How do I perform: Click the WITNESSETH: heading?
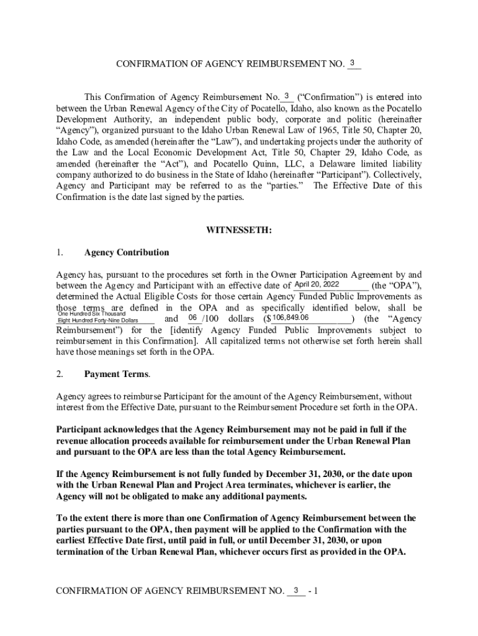(x=238, y=230)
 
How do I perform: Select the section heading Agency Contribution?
(x=126, y=253)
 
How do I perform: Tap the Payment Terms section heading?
(x=116, y=374)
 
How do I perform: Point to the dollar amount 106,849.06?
(x=291, y=318)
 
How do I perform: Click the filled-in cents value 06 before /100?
(x=192, y=318)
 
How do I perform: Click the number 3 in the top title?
(x=353, y=63)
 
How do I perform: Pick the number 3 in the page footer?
(x=296, y=589)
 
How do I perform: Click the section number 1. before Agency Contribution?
(x=60, y=253)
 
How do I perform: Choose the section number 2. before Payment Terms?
(x=60, y=374)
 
